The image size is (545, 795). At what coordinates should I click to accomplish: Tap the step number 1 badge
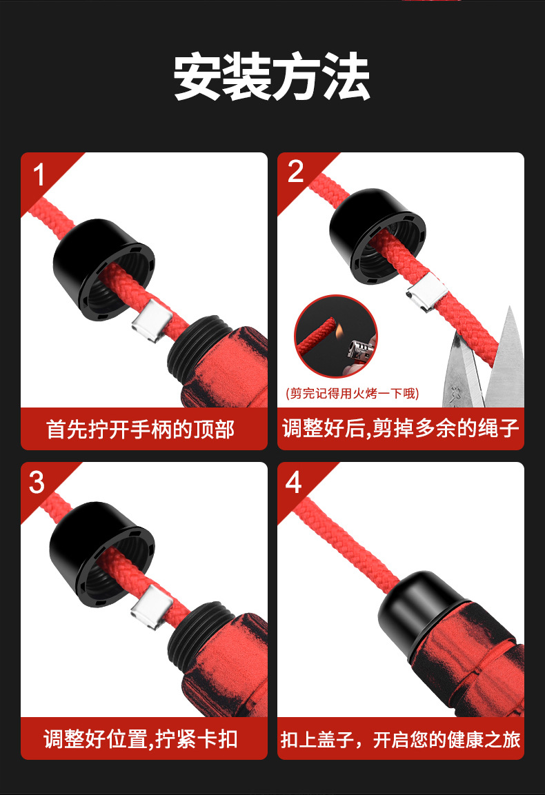39,174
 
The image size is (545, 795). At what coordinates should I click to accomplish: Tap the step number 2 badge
295,172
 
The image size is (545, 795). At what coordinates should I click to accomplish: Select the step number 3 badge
37,483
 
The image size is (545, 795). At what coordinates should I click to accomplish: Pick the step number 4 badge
294,483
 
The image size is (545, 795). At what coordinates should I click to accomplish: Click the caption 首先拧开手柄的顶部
141,430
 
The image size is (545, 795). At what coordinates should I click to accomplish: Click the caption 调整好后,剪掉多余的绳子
400,429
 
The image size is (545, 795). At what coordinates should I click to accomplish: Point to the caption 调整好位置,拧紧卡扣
141,740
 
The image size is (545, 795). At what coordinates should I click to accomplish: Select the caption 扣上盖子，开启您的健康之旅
400,740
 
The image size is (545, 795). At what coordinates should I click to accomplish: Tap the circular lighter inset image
336,336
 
